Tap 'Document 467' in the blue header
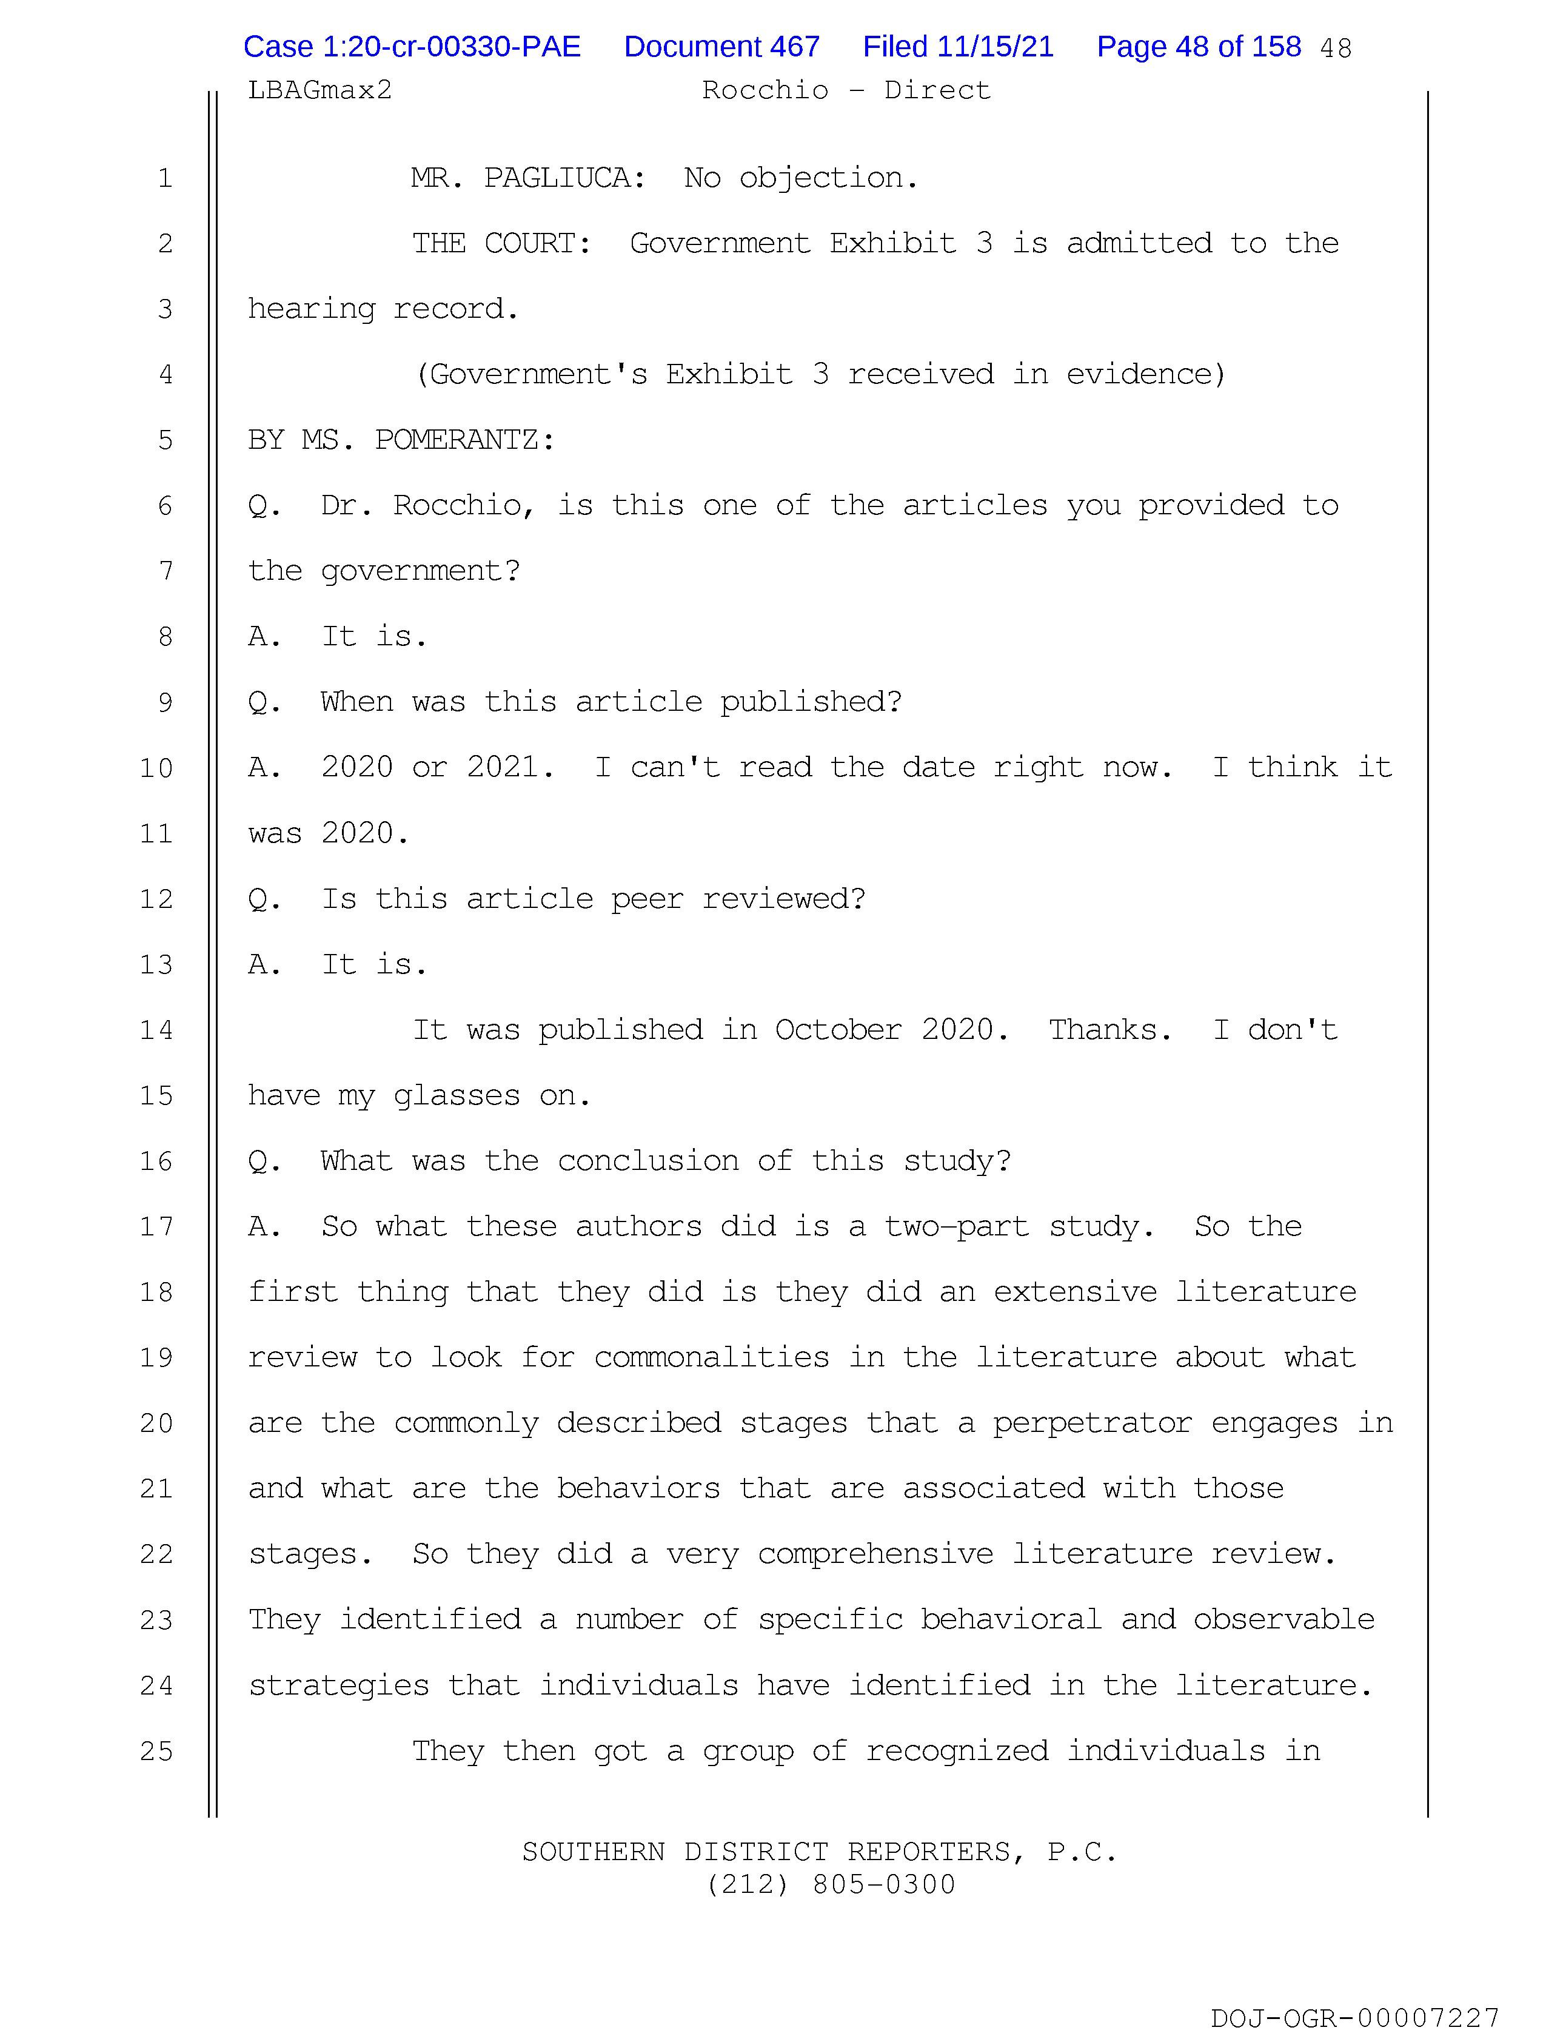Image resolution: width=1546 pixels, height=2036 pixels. tap(721, 47)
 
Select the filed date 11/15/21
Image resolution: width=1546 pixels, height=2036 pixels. tap(957, 47)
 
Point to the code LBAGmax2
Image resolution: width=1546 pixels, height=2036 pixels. tap(320, 90)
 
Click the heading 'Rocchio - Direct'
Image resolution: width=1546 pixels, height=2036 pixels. tap(846, 90)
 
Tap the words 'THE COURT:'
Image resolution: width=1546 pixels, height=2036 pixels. tap(501, 244)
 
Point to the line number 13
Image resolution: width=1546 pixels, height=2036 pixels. tap(156, 964)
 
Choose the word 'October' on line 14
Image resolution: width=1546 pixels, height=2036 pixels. tap(837, 1030)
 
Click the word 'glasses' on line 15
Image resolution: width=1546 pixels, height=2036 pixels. tap(457, 1096)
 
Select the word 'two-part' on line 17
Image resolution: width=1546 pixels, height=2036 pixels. tap(956, 1227)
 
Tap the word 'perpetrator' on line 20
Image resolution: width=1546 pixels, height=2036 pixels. tap(1091, 1424)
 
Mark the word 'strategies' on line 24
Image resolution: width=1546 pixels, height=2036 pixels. tap(339, 1686)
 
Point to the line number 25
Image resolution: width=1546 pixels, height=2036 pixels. tap(156, 1752)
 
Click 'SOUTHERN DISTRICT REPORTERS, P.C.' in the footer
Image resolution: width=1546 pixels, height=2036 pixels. tap(819, 1852)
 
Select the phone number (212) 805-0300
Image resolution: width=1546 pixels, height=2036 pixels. tap(831, 1885)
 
